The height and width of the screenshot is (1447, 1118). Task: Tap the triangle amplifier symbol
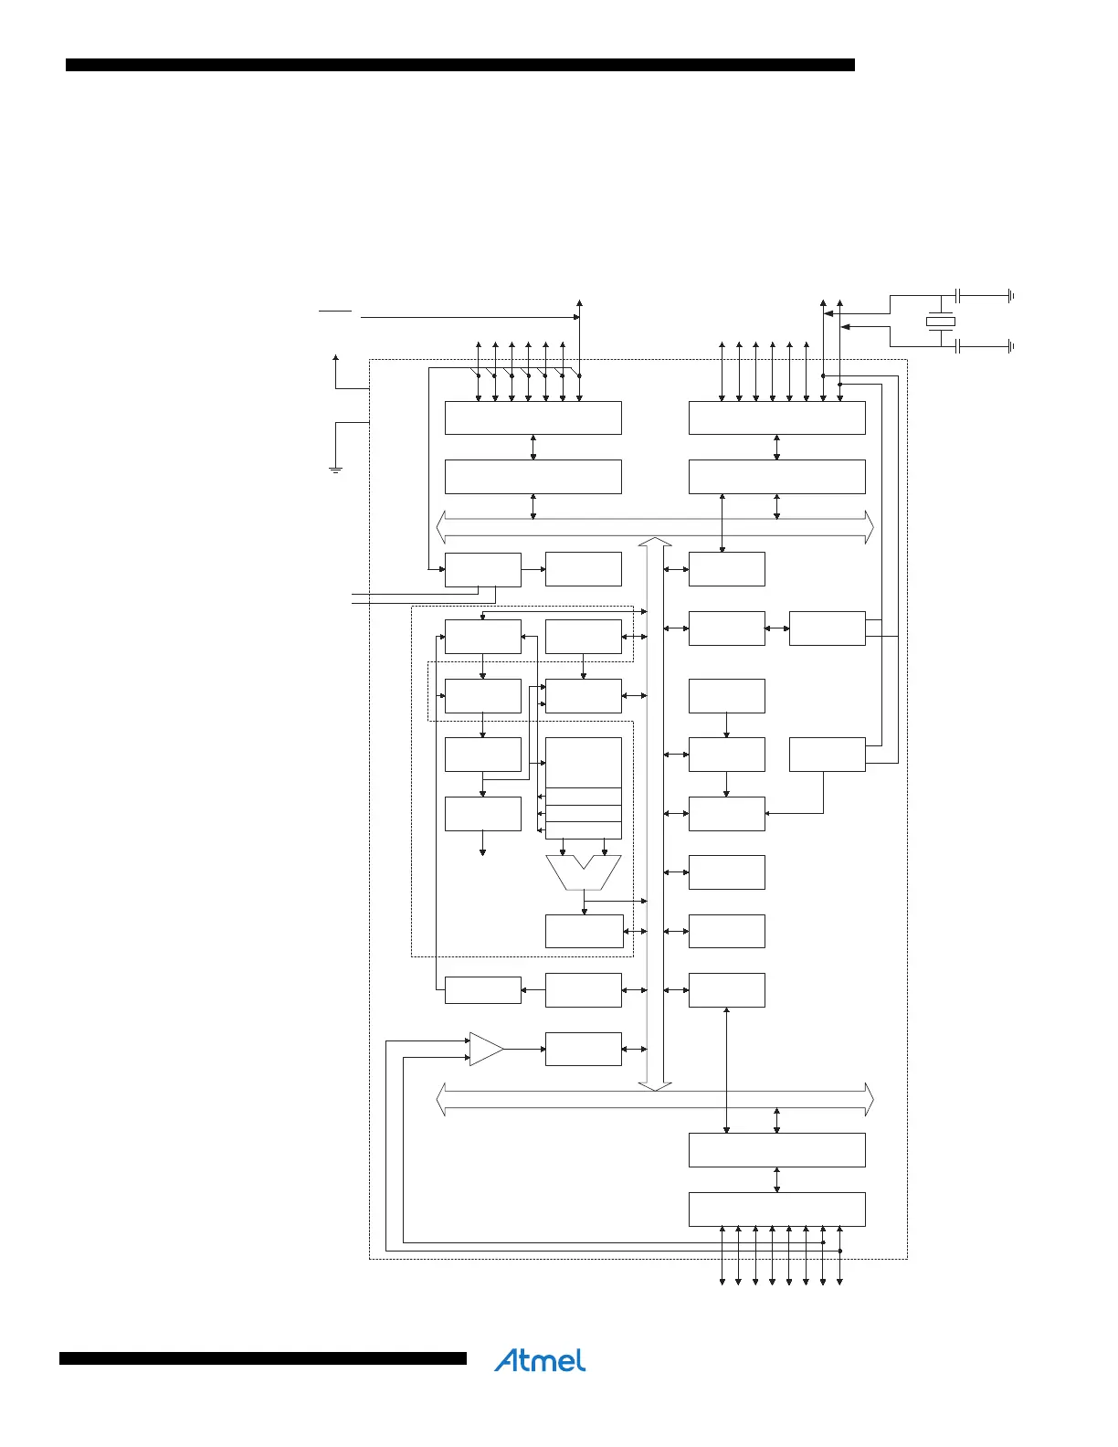point(485,1049)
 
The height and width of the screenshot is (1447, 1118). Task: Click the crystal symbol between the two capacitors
point(940,322)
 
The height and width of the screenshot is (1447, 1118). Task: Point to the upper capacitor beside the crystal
point(957,295)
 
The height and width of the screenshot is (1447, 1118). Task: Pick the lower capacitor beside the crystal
point(957,346)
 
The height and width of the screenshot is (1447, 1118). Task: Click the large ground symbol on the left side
point(335,469)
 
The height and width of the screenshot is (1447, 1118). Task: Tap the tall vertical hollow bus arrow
point(655,813)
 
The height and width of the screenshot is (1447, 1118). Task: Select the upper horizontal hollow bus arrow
point(655,527)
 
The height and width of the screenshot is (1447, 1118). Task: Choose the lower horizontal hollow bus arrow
point(655,1099)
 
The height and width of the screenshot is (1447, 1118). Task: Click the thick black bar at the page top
point(459,65)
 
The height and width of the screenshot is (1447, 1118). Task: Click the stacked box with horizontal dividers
point(583,787)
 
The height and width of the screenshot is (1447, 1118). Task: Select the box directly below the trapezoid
point(583,931)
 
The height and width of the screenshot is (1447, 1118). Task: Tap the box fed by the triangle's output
point(583,1049)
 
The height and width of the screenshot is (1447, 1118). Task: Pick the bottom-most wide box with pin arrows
point(776,1209)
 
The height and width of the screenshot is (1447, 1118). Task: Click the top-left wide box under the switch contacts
point(533,417)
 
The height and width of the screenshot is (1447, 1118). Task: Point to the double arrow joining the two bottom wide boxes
point(776,1179)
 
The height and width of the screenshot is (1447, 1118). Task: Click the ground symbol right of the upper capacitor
point(1010,295)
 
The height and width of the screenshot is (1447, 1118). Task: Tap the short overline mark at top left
point(335,311)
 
